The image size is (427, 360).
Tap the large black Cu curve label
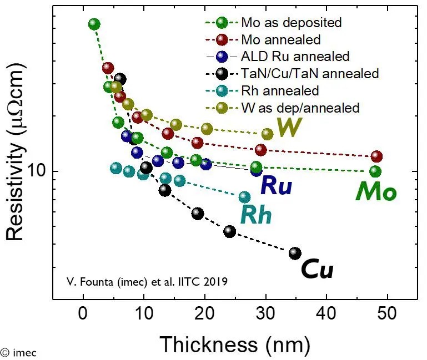pos(317,270)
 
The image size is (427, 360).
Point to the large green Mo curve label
pos(376,192)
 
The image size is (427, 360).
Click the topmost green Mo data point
pos(94,24)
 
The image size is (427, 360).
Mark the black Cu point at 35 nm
pos(295,253)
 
